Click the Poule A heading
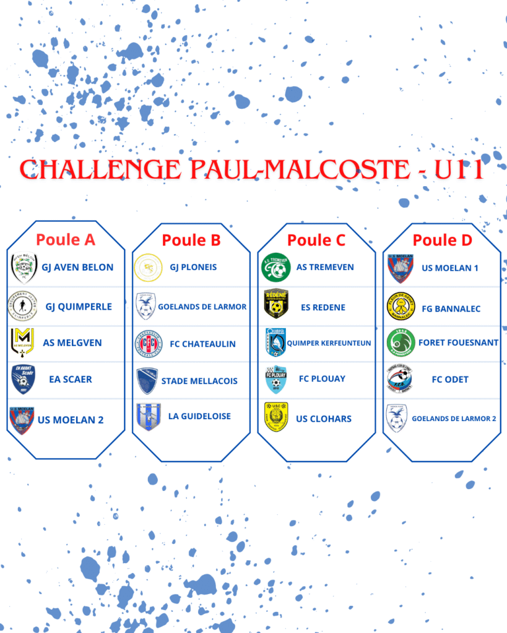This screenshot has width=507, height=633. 66,240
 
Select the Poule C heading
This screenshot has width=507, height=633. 316,240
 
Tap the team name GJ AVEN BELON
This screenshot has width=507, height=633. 77,267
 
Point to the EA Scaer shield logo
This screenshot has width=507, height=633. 23,379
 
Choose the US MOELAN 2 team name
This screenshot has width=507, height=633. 71,420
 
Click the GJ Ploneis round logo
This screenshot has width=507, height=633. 149,267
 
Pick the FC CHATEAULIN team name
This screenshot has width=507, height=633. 202,344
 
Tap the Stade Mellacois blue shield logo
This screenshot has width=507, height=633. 147,381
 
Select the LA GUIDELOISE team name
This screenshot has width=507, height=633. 200,416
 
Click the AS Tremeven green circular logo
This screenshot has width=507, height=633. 275,267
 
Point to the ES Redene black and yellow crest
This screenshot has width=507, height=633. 276,304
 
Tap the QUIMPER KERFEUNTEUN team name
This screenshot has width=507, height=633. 329,343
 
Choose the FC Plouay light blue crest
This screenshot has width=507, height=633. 276,380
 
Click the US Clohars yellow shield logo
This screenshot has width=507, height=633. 276,417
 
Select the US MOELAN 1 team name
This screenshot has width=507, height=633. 450,268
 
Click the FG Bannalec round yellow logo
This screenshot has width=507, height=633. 401,307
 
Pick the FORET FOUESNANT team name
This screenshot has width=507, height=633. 459,342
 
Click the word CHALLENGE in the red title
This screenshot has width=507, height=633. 100,169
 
